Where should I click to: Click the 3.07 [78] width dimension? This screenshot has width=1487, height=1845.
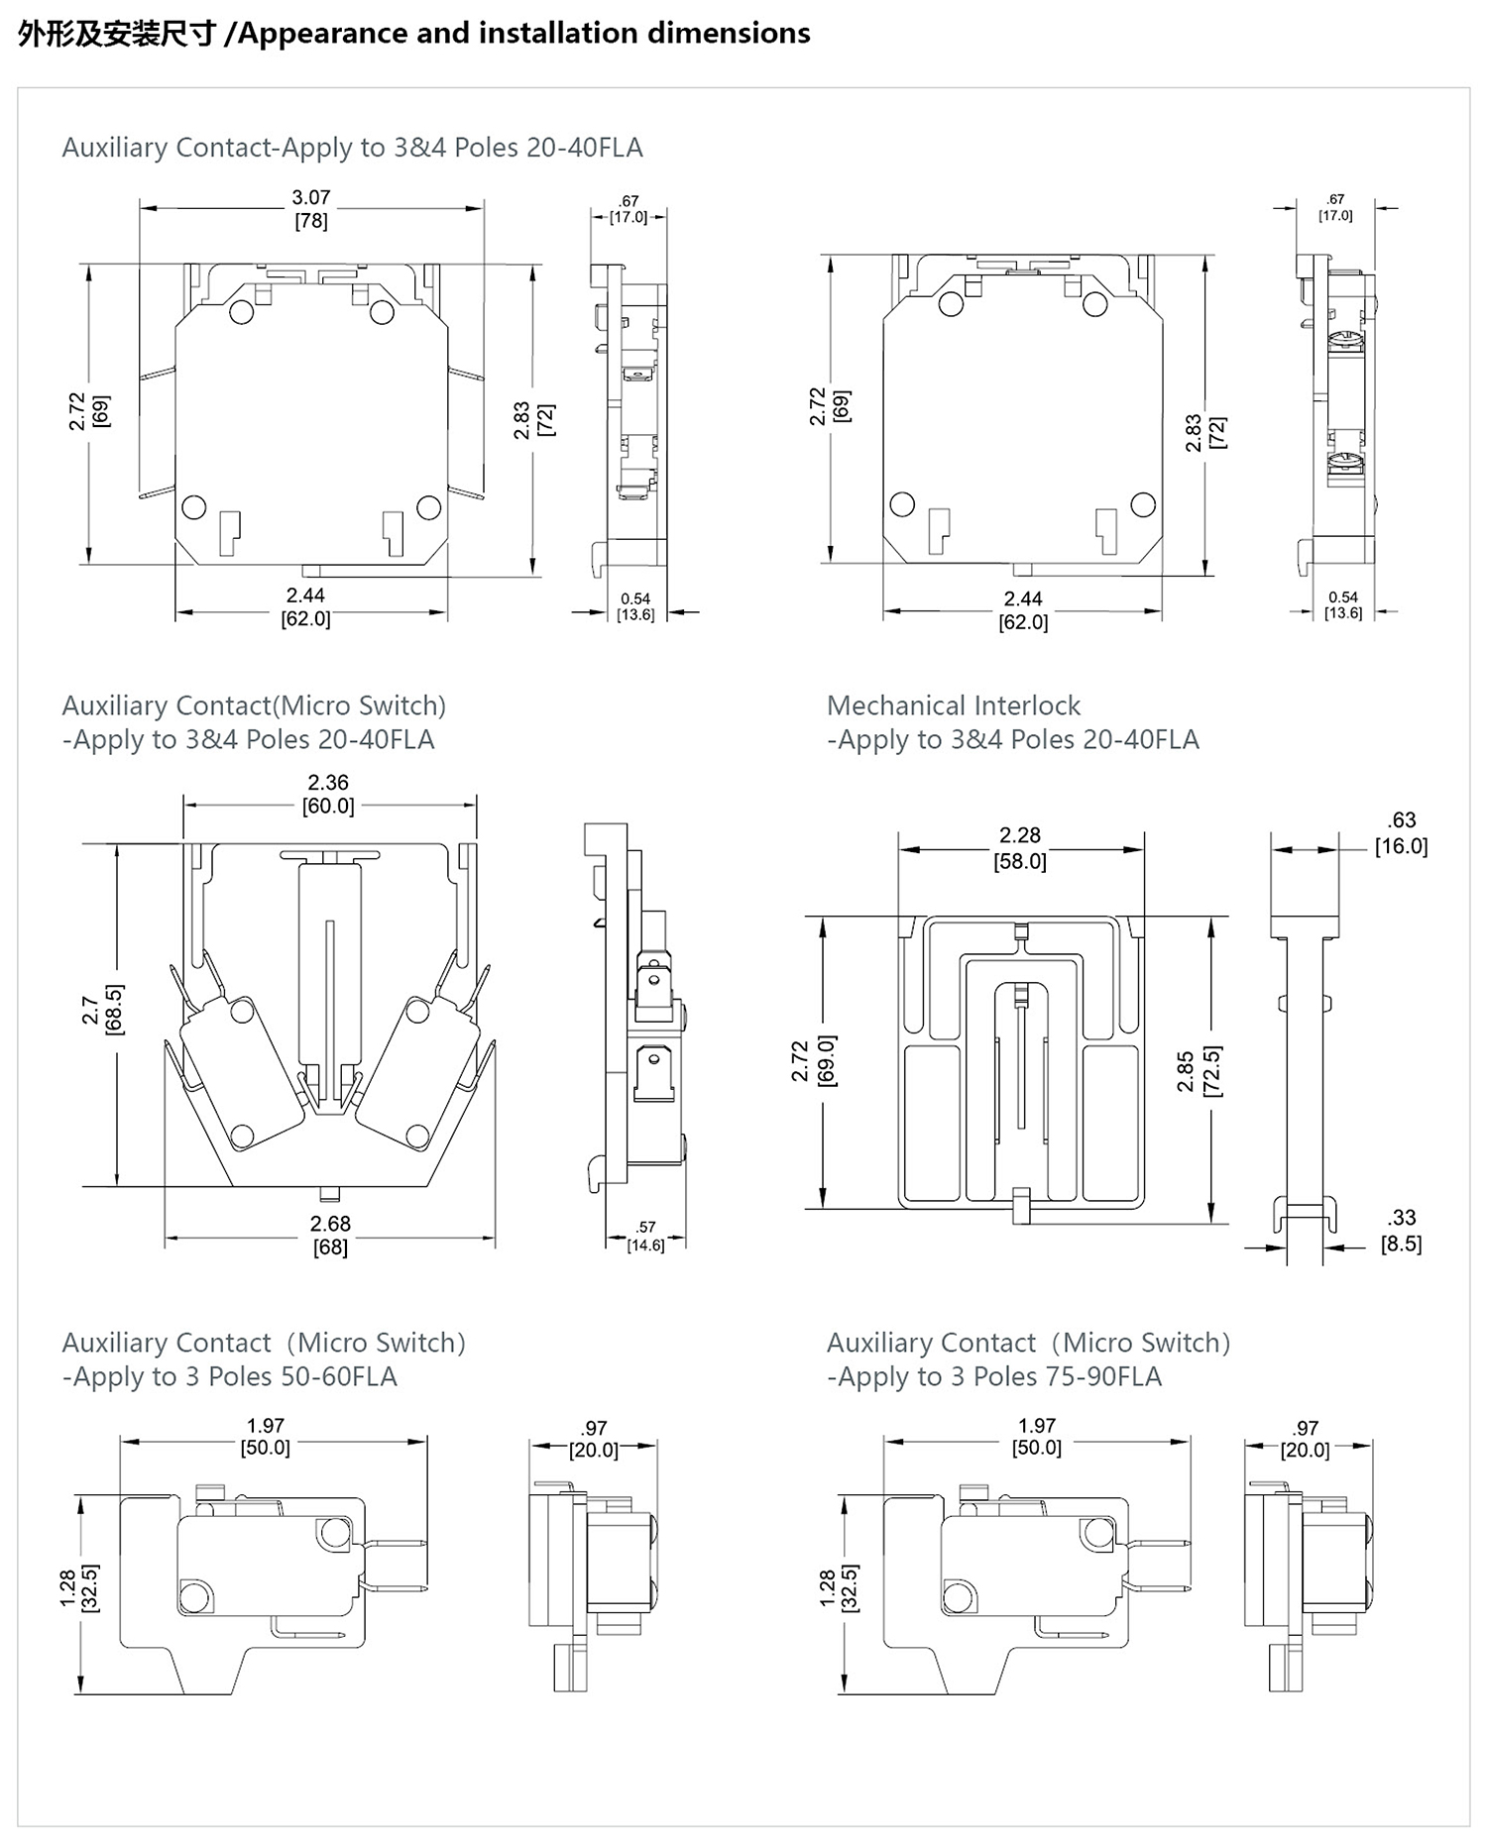(x=310, y=209)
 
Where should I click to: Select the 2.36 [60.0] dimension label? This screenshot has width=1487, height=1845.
(x=328, y=795)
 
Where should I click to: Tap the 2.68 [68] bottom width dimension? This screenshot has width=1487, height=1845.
(x=330, y=1236)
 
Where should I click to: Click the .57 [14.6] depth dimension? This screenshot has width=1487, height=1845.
(x=645, y=1237)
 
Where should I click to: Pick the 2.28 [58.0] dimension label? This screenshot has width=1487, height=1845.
(x=1020, y=848)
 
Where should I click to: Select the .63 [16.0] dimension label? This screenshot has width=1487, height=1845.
(x=1401, y=833)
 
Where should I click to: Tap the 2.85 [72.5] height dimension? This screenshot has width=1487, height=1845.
(x=1199, y=1071)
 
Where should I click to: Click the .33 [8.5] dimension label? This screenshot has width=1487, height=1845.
(x=1401, y=1231)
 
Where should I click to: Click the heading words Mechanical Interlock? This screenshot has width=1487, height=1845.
(x=953, y=705)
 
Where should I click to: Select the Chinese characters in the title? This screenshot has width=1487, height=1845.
(x=116, y=34)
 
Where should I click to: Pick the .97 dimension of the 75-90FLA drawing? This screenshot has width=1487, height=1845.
(x=1305, y=1439)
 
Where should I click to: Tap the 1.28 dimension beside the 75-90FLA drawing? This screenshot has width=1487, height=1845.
(x=839, y=1588)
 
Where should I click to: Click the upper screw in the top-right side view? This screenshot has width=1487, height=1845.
(x=1344, y=341)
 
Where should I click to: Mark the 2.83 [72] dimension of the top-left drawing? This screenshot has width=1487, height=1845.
(x=533, y=420)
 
